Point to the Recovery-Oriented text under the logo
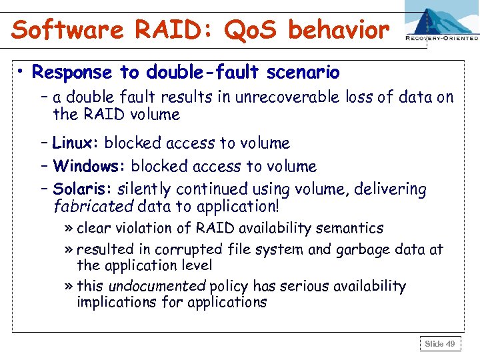point(441,39)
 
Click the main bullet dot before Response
point(23,72)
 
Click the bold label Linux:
point(76,143)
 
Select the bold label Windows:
point(90,166)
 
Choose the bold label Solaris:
point(83,189)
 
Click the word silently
point(142,189)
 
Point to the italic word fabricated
point(93,206)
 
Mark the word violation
point(161,228)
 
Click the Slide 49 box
point(439,343)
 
